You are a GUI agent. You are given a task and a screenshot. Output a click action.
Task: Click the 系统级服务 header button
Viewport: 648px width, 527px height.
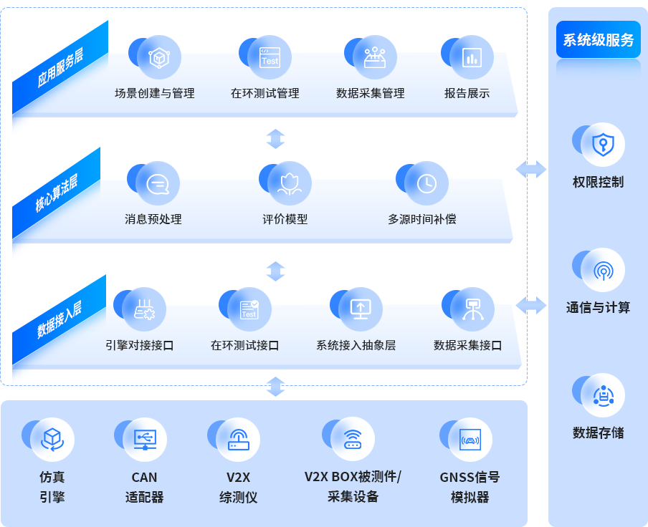click(x=598, y=40)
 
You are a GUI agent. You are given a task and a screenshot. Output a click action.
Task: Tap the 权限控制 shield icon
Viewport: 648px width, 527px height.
click(x=602, y=145)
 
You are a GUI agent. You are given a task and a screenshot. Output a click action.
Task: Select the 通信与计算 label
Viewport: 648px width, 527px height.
click(x=598, y=307)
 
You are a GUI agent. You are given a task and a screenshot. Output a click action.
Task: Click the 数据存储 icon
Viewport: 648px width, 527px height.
click(x=602, y=395)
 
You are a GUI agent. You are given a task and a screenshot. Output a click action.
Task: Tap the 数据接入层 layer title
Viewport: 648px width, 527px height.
click(x=59, y=319)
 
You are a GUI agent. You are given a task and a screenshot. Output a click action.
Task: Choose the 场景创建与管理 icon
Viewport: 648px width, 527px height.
click(x=158, y=59)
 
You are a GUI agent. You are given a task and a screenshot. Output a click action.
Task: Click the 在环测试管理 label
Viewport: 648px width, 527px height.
click(x=265, y=93)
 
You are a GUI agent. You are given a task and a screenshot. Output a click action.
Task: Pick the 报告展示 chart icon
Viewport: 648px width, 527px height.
click(x=471, y=59)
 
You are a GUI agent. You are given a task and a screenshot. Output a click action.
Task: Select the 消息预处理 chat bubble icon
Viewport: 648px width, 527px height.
click(x=157, y=184)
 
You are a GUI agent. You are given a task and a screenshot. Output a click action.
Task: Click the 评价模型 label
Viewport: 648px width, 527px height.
click(x=285, y=219)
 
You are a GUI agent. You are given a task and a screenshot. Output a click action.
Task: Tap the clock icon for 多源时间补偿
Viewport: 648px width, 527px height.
click(x=427, y=184)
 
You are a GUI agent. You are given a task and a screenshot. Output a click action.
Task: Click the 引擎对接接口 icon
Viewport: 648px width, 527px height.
click(x=143, y=309)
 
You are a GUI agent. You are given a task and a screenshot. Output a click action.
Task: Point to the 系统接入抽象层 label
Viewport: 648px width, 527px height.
click(x=356, y=345)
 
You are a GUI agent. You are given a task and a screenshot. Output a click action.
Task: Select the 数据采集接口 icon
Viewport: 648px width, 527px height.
click(x=472, y=309)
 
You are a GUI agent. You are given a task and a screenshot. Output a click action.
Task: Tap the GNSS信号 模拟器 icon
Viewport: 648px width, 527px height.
click(x=470, y=439)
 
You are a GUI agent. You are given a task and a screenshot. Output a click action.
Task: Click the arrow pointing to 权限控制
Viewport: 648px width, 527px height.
click(x=530, y=170)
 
